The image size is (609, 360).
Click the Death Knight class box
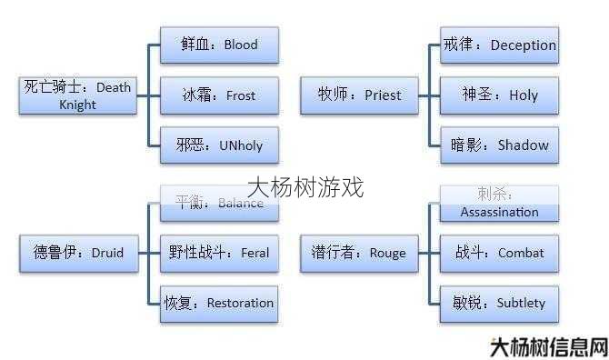pyautogui.click(x=77, y=95)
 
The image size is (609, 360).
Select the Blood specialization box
pyautogui.click(x=219, y=45)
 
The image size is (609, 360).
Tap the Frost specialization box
pyautogui.click(x=219, y=95)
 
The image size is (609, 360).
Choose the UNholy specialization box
pyautogui.click(x=219, y=145)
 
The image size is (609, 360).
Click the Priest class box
pyautogui.click(x=359, y=95)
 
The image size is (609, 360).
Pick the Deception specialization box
pyautogui.click(x=499, y=45)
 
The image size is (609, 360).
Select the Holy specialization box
pyautogui.click(x=499, y=95)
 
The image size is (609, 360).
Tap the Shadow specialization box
pyautogui.click(x=499, y=145)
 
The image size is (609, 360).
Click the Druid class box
pyautogui.click(x=77, y=253)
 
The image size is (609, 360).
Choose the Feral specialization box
pyautogui.click(x=219, y=253)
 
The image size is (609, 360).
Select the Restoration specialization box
pyautogui.click(x=219, y=303)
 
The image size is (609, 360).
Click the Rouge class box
pyautogui.click(x=359, y=253)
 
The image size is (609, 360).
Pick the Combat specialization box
pyautogui.click(x=499, y=253)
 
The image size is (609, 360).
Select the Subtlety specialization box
pyautogui.click(x=499, y=303)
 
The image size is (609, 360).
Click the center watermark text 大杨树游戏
pyautogui.click(x=305, y=187)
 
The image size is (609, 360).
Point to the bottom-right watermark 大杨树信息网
pyautogui.click(x=548, y=346)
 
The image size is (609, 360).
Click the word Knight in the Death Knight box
pyautogui.click(x=77, y=105)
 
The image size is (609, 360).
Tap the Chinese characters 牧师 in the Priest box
pyautogui.click(x=334, y=95)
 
